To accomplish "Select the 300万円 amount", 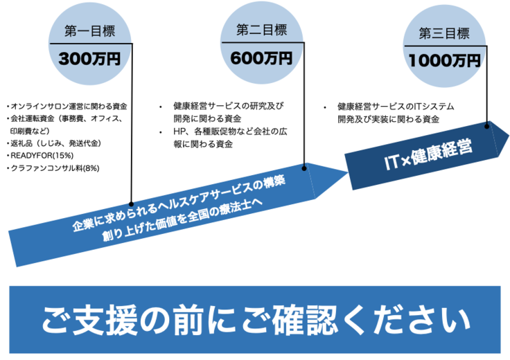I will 90,60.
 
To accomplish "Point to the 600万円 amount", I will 263,60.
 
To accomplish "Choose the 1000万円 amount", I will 444,60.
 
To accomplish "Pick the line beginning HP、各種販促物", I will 229,132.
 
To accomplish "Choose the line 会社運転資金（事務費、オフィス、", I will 68,118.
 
